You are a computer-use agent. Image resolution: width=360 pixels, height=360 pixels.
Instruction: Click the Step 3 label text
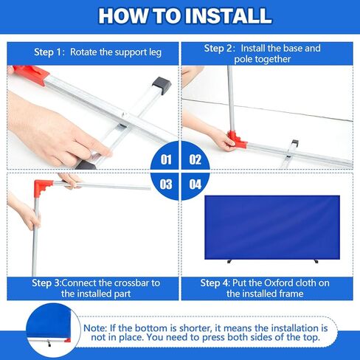tap(52, 283)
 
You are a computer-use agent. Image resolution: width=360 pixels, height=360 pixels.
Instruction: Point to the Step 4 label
tap(219, 283)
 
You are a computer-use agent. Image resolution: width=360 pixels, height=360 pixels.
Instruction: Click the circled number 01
tap(166, 159)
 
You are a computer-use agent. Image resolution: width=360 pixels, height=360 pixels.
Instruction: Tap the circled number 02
tap(195, 159)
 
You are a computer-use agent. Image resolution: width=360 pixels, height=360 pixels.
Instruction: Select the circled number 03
tap(166, 184)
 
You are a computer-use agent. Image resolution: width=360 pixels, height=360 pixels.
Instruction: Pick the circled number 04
tap(195, 184)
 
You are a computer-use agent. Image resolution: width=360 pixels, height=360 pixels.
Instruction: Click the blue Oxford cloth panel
tap(271, 226)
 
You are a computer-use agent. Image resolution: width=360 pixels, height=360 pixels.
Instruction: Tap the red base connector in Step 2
tap(235, 139)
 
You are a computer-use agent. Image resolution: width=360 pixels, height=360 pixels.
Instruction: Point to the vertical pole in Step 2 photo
tap(230, 96)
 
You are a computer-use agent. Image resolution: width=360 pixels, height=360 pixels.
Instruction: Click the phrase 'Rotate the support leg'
tap(116, 53)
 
